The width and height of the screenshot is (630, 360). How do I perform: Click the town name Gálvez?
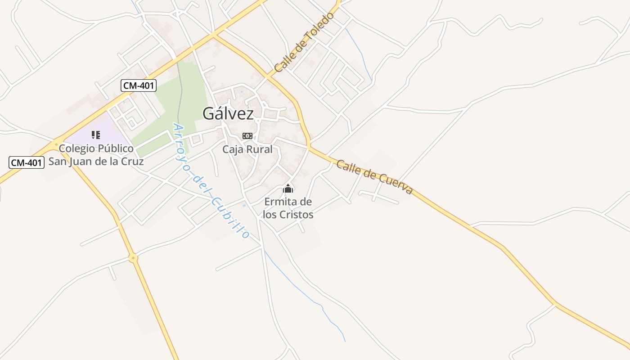(228, 113)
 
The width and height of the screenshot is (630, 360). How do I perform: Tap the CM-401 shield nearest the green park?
(139, 85)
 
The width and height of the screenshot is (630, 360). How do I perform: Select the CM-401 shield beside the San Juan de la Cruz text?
(27, 162)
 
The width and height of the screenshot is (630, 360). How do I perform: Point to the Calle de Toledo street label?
(305, 42)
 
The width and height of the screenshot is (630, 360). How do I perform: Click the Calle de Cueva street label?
(374, 177)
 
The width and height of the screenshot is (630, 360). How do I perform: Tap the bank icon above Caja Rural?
(247, 136)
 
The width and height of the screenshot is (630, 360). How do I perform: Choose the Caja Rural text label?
(247, 149)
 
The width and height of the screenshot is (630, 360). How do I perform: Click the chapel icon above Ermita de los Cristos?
(288, 189)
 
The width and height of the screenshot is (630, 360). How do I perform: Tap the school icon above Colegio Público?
(95, 135)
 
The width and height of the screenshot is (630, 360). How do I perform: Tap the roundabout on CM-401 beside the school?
(57, 144)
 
